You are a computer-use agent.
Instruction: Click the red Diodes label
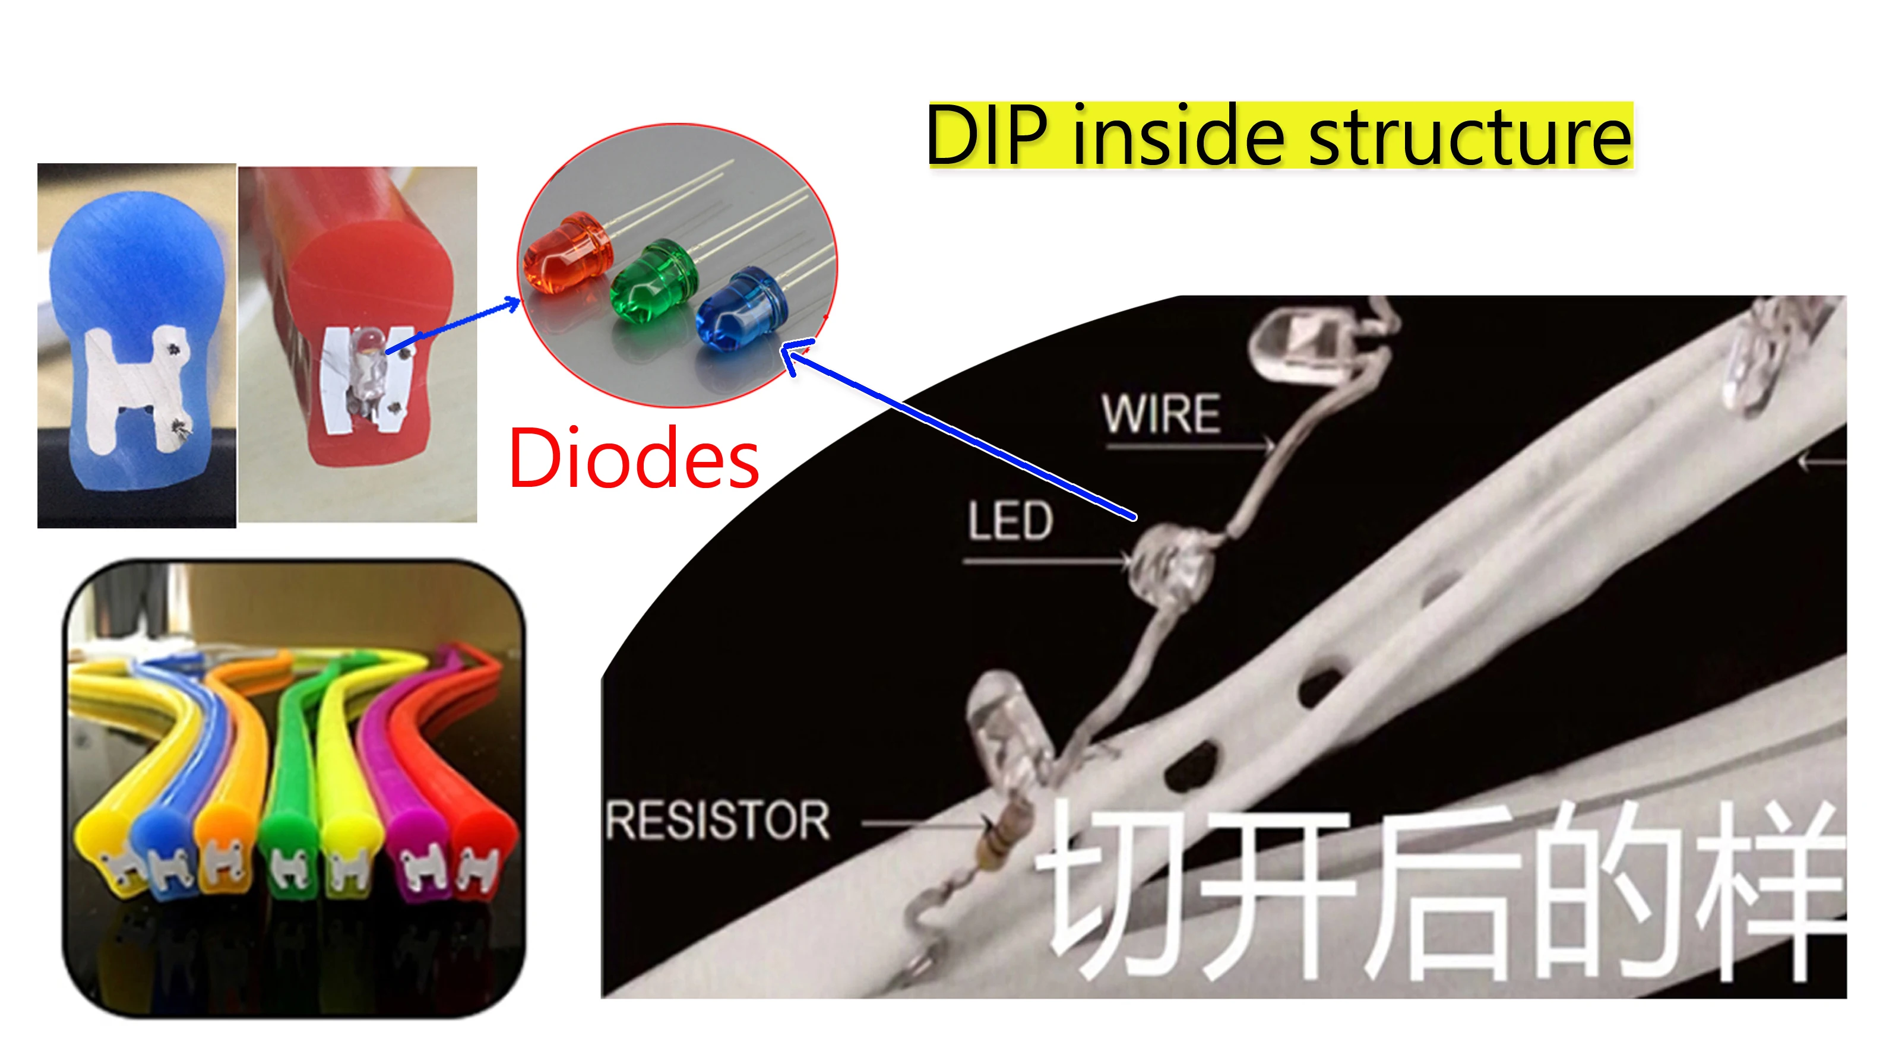point(634,459)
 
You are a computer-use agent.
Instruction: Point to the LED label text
point(1010,521)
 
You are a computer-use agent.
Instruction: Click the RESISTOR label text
point(718,820)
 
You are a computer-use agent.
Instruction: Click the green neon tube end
point(290,835)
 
